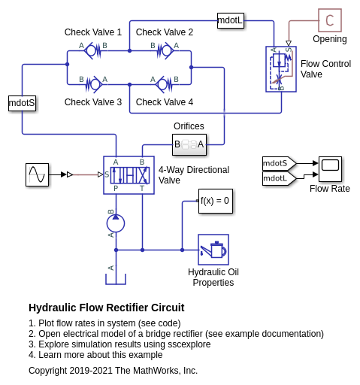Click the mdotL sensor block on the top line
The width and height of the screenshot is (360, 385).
pyautogui.click(x=231, y=20)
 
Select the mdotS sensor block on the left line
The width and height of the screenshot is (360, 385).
pyautogui.click(x=22, y=103)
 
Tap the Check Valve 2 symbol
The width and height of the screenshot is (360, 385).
pyautogui.click(x=165, y=51)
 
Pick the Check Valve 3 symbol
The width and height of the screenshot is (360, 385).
pyautogui.click(x=93, y=85)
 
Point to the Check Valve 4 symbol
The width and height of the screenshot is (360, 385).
pyautogui.click(x=164, y=85)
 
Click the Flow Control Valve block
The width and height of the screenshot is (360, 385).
pyautogui.click(x=281, y=69)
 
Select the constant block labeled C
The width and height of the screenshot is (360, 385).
pyautogui.click(x=330, y=20)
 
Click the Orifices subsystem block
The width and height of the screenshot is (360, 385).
pyautogui.click(x=189, y=144)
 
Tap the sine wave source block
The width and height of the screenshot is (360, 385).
pyautogui.click(x=37, y=174)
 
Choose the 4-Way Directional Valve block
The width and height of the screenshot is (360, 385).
pyautogui.click(x=129, y=175)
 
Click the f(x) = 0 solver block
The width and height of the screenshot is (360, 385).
pyautogui.click(x=216, y=201)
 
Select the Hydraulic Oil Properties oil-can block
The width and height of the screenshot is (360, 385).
pyautogui.click(x=213, y=250)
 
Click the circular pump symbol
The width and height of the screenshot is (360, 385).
pyautogui.click(x=116, y=223)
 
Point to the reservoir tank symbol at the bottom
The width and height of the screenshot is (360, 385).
pyautogui.click(x=116, y=279)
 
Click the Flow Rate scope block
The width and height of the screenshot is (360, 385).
pyautogui.click(x=330, y=169)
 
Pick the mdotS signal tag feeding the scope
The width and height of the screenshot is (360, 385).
pyautogui.click(x=280, y=163)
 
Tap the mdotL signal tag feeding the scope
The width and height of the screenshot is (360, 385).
pyautogui.click(x=280, y=178)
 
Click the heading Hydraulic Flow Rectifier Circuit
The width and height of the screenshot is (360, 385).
pyautogui.click(x=107, y=308)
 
